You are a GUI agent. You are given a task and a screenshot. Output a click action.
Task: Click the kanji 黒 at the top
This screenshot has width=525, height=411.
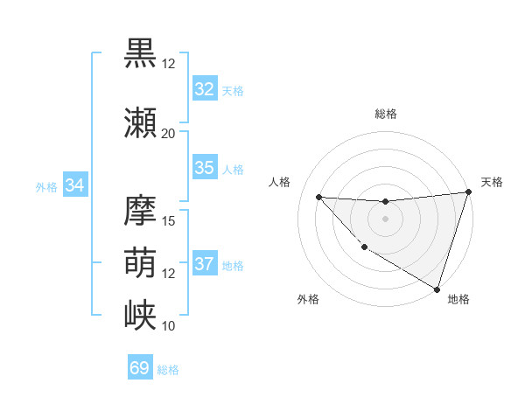tap(141, 52)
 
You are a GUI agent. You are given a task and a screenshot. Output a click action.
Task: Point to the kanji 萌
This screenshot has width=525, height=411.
tap(141, 262)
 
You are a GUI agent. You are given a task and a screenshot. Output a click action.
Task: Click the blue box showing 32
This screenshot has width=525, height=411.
tap(204, 88)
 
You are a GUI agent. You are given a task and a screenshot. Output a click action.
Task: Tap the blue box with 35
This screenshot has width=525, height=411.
tap(204, 168)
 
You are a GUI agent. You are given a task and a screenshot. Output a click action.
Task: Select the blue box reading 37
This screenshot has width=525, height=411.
tap(204, 264)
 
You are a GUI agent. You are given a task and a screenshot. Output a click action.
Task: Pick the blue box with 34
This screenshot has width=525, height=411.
tap(74, 185)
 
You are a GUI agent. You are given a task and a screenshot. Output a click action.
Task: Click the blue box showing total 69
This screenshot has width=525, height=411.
tap(139, 368)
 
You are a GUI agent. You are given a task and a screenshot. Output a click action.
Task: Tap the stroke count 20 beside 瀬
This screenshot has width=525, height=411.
tap(168, 134)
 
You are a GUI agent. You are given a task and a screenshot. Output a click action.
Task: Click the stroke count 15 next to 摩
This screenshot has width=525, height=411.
tap(168, 220)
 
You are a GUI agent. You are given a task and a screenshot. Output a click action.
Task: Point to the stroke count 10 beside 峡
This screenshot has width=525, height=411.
tap(168, 325)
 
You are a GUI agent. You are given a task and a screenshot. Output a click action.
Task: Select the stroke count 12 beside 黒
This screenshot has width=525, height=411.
tap(168, 64)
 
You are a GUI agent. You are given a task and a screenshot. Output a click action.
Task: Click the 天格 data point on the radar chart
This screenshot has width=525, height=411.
tap(468, 192)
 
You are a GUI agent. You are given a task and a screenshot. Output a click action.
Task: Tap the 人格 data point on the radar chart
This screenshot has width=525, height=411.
tap(318, 197)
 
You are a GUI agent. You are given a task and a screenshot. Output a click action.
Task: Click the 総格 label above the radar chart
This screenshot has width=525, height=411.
tap(385, 114)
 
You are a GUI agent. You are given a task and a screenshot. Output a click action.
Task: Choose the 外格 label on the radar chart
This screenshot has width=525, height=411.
tap(308, 299)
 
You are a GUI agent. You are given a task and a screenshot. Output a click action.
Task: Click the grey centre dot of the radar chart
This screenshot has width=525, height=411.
tap(385, 219)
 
